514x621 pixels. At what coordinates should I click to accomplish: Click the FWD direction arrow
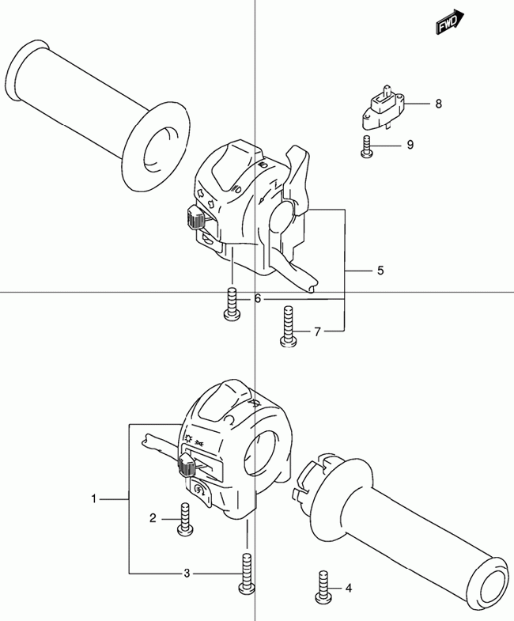tap(450, 22)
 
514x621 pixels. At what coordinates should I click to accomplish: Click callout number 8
tap(438, 104)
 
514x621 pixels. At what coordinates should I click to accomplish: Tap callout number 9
tap(410, 145)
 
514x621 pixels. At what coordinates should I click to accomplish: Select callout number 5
tap(380, 271)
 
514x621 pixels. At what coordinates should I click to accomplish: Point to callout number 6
tap(258, 298)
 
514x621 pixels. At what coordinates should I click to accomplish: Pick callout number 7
tap(317, 332)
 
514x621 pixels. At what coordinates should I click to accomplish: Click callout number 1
tap(94, 498)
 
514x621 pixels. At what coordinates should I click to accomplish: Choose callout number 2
tap(153, 518)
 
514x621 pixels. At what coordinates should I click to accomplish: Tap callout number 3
tap(187, 573)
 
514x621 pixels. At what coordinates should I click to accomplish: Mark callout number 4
tap(349, 589)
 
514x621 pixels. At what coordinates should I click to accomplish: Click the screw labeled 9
tap(367, 146)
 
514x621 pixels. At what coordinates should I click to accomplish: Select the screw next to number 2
tap(185, 520)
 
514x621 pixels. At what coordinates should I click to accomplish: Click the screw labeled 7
tap(289, 327)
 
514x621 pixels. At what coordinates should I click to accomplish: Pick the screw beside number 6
tap(232, 304)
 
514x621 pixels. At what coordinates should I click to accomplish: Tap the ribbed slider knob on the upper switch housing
tap(195, 218)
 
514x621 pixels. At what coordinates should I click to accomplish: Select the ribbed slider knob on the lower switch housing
tap(187, 465)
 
